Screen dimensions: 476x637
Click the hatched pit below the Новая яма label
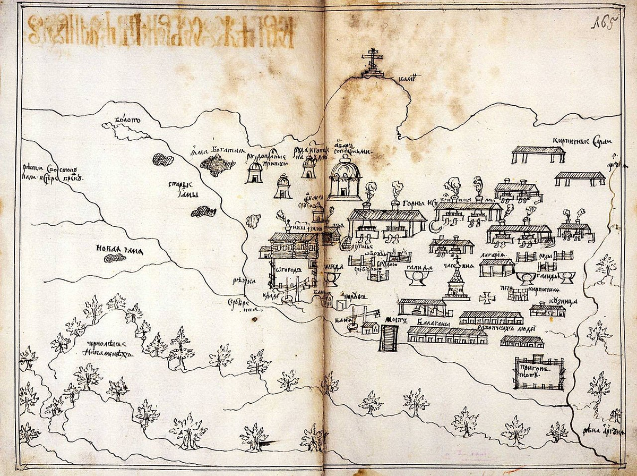click(x=115, y=258)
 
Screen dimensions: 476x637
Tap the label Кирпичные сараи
click(x=582, y=141)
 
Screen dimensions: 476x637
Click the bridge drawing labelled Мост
click(x=389, y=338)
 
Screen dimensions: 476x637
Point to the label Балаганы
click(x=429, y=323)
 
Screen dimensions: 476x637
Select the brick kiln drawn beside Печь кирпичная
click(x=518, y=294)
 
